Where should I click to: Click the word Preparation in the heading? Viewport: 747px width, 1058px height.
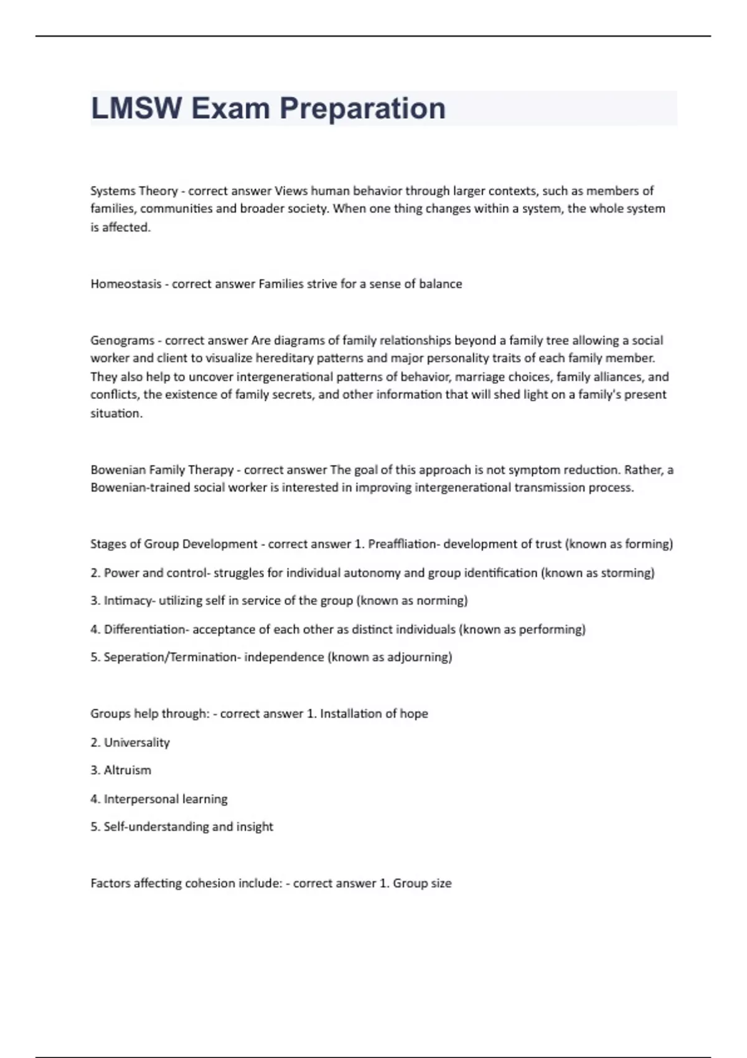(362, 108)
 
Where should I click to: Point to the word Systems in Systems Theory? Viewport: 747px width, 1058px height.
(113, 190)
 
